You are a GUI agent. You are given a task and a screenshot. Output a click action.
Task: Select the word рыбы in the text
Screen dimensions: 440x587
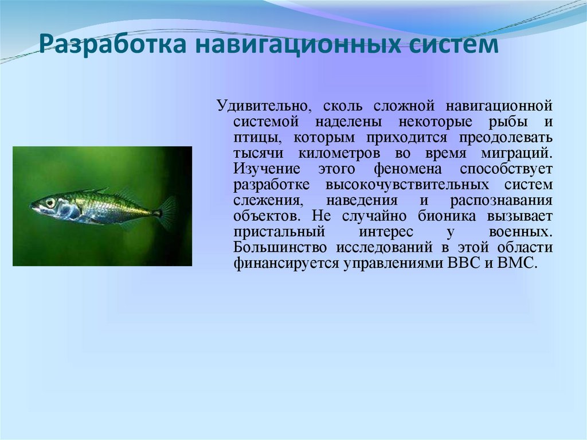(509, 122)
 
